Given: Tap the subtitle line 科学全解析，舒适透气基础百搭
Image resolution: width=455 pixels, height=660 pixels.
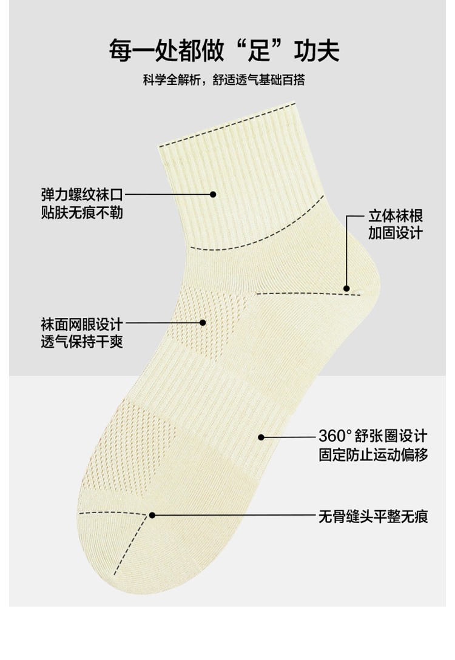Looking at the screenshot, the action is [x=227, y=81].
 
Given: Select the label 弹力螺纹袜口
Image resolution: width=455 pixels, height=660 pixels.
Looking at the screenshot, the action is [x=82, y=195].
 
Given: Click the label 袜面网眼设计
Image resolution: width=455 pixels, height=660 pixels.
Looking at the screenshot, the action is [x=82, y=324].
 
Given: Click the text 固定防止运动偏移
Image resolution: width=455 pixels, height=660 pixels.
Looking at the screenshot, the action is [x=373, y=454].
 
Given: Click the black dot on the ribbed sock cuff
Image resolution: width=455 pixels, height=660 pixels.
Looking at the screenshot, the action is [x=213, y=195].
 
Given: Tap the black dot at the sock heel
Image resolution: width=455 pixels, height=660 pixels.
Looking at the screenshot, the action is [x=346, y=289].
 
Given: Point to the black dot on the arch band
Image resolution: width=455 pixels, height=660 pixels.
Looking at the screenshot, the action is [x=261, y=436].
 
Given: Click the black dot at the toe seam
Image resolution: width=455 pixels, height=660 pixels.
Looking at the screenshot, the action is [x=152, y=515].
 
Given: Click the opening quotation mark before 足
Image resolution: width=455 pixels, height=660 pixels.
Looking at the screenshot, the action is [x=234, y=44].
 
